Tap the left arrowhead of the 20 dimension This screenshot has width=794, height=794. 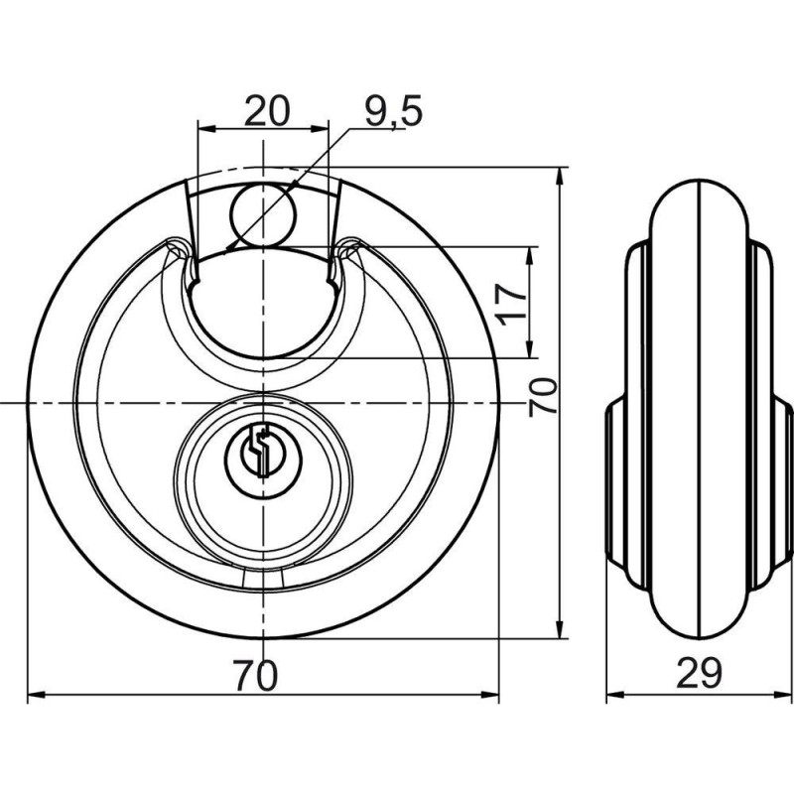coord(205,127)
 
